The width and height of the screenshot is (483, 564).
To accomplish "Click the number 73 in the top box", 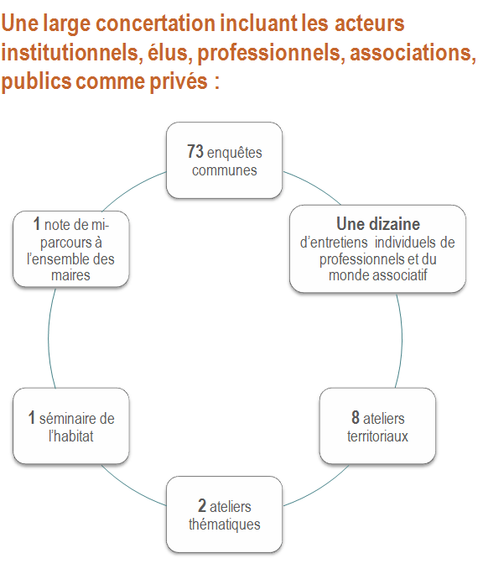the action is [x=195, y=151].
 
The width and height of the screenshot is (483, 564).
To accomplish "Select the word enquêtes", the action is [x=235, y=153].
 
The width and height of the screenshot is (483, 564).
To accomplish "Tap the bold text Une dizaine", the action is [x=378, y=224].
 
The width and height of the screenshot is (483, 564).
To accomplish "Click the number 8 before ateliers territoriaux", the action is [x=356, y=417].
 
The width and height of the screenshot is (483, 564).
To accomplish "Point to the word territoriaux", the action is [x=377, y=436].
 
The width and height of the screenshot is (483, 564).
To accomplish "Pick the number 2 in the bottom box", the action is [x=202, y=505].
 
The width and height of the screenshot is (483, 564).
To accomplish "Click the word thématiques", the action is [x=225, y=524].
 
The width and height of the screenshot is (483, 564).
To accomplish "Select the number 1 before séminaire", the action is [x=32, y=417].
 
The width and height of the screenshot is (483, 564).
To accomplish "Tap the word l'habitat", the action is [x=71, y=436].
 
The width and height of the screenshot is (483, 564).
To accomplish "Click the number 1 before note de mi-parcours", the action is [x=37, y=223].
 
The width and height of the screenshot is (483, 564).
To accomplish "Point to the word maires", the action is [x=70, y=275].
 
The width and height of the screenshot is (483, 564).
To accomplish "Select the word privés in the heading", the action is [x=179, y=81].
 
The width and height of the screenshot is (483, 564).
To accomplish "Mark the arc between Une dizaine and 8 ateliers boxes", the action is [x=401, y=340].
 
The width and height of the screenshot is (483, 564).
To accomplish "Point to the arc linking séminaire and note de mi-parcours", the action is [x=49, y=338].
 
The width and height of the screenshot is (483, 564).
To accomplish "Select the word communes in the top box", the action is [x=225, y=170].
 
